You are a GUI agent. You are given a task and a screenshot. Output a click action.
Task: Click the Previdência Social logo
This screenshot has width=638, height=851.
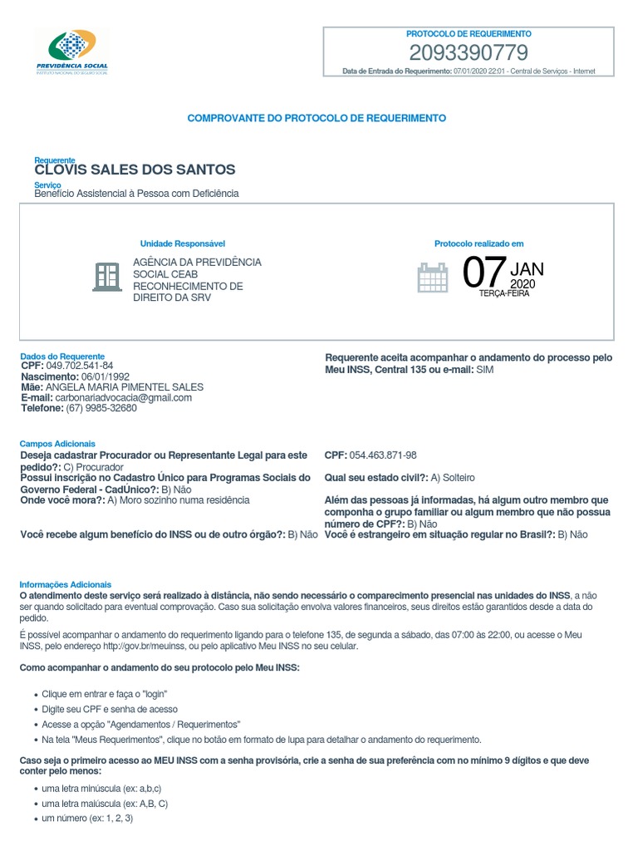click(x=72, y=51)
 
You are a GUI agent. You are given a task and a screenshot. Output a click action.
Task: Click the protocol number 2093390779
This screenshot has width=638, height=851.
click(x=469, y=53)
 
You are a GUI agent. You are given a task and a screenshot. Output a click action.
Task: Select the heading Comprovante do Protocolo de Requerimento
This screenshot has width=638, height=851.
click(x=317, y=118)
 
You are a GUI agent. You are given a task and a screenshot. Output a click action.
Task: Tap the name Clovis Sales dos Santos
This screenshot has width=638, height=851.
click(x=135, y=170)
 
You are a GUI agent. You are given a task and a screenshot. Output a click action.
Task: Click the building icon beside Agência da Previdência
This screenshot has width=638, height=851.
click(x=106, y=277)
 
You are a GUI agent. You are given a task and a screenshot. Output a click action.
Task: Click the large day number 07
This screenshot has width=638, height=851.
click(x=483, y=273)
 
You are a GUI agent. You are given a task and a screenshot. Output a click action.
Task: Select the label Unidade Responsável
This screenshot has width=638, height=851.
click(x=182, y=243)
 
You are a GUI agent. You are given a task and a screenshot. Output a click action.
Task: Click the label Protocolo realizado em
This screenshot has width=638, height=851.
click(x=478, y=243)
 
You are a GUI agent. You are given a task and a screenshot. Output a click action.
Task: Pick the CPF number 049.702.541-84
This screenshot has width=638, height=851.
click(x=80, y=366)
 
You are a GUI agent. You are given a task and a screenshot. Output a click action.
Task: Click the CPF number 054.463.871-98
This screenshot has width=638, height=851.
click(x=382, y=455)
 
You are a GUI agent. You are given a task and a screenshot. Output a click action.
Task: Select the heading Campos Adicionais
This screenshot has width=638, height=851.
click(x=57, y=445)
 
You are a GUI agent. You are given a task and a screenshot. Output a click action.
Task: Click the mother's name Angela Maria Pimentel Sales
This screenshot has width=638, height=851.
click(x=124, y=387)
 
